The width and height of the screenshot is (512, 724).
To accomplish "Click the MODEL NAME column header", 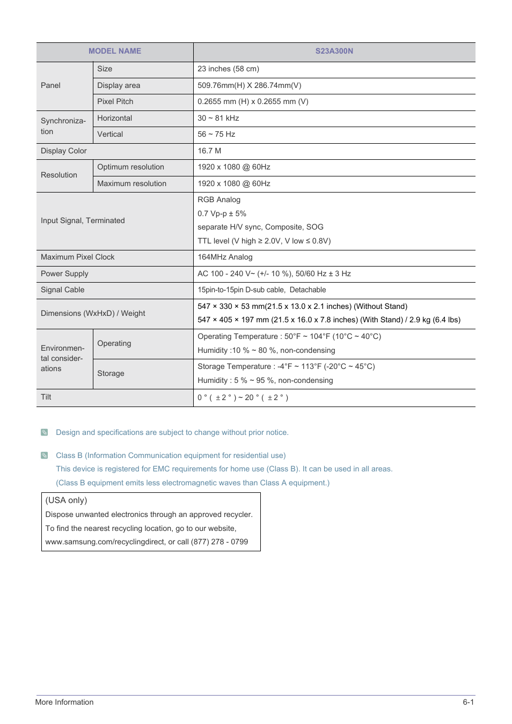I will tap(115, 51).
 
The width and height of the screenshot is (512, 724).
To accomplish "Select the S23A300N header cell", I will tap(334, 51).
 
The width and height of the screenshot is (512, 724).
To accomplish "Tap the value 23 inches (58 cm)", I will tap(228, 69).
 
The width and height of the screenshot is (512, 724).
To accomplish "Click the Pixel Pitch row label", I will tap(115, 102).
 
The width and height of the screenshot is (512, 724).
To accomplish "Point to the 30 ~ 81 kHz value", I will tap(218, 119).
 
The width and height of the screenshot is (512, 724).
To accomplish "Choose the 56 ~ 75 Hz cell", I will tap(216, 135).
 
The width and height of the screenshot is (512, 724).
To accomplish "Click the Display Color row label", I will tap(63, 151).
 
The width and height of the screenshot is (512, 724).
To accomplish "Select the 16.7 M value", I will tap(209, 151).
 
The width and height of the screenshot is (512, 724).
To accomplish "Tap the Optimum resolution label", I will tap(130, 167).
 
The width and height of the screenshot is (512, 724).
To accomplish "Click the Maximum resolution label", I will tap(131, 184).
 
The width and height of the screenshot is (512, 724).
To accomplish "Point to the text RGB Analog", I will tap(219, 200).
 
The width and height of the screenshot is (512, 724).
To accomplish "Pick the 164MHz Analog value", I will tap(225, 257).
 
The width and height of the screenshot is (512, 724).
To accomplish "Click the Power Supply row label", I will tap(64, 274).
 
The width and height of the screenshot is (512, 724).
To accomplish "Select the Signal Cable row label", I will tap(62, 290).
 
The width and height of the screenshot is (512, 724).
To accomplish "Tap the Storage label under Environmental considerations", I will tap(111, 374).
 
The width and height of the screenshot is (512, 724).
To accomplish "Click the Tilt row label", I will tap(46, 397).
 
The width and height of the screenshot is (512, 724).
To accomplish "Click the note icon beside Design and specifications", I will tap(45, 432).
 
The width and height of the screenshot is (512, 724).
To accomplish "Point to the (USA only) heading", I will tap(66, 500).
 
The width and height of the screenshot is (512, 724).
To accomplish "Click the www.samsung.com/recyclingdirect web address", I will tap(105, 542).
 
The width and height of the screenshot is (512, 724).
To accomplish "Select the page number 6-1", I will tap(468, 703).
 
